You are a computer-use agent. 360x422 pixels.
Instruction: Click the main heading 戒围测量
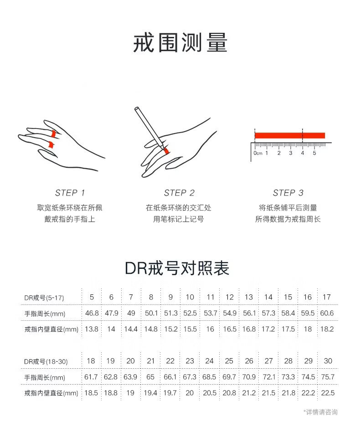tap(180, 43)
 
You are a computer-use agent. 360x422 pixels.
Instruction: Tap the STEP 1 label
tap(70, 193)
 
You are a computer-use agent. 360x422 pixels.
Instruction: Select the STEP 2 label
tap(179, 193)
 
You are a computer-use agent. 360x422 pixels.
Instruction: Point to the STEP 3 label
tap(288, 193)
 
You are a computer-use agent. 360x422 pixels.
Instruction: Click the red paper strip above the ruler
tap(290, 135)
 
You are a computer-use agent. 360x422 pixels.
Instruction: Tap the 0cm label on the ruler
tap(258, 153)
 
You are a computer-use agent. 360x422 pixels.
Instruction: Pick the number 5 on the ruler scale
tap(314, 153)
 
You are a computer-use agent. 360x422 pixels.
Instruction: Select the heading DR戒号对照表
tap(177, 268)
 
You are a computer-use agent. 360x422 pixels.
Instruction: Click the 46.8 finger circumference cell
tap(92, 313)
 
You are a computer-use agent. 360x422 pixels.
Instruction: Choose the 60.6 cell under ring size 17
tap(327, 313)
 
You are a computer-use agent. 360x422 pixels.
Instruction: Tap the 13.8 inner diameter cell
tap(92, 329)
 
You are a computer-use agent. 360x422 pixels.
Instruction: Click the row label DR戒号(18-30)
tap(46, 361)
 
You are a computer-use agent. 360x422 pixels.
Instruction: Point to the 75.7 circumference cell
tap(328, 377)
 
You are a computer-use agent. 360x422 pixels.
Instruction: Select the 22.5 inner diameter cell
tap(328, 393)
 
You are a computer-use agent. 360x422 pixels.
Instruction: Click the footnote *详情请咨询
tap(320, 412)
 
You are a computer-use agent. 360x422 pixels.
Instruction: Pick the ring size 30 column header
tap(328, 361)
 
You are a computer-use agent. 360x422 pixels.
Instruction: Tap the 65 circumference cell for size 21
tap(150, 377)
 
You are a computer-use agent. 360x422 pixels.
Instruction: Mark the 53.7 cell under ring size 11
tap(211, 313)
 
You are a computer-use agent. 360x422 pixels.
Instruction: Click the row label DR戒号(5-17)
tap(44, 298)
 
